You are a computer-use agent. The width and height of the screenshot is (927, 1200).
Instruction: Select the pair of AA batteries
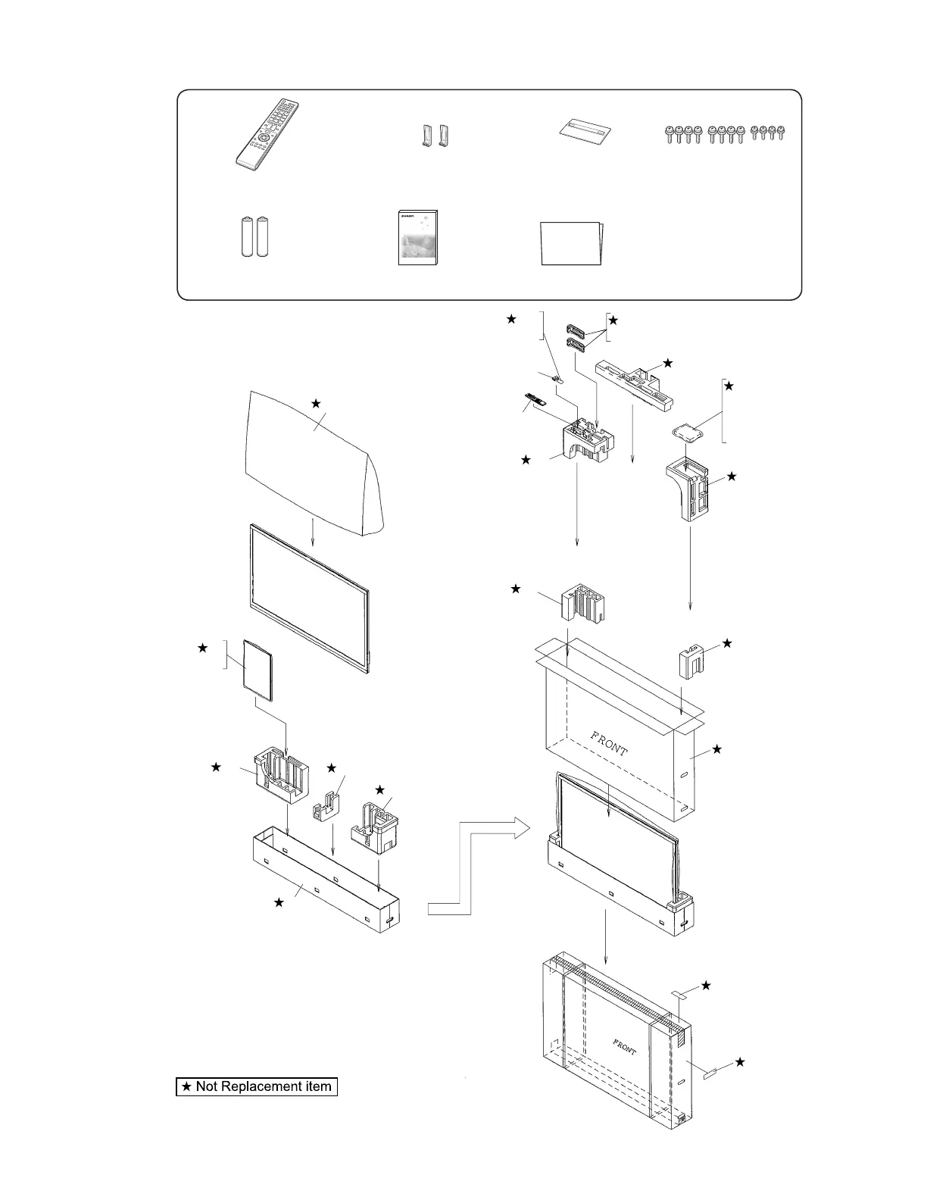click(x=256, y=236)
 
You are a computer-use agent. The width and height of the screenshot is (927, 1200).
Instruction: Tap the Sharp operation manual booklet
click(x=418, y=237)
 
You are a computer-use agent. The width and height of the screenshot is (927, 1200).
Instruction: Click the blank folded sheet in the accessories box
click(x=571, y=243)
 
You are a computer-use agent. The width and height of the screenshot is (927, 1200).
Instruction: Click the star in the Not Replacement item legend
click(x=186, y=1086)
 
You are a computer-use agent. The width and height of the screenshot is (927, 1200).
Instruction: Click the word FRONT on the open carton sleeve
click(x=609, y=745)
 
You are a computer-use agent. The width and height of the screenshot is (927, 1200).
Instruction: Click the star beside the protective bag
click(x=317, y=405)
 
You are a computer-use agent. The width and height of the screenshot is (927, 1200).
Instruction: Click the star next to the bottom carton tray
click(x=279, y=902)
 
